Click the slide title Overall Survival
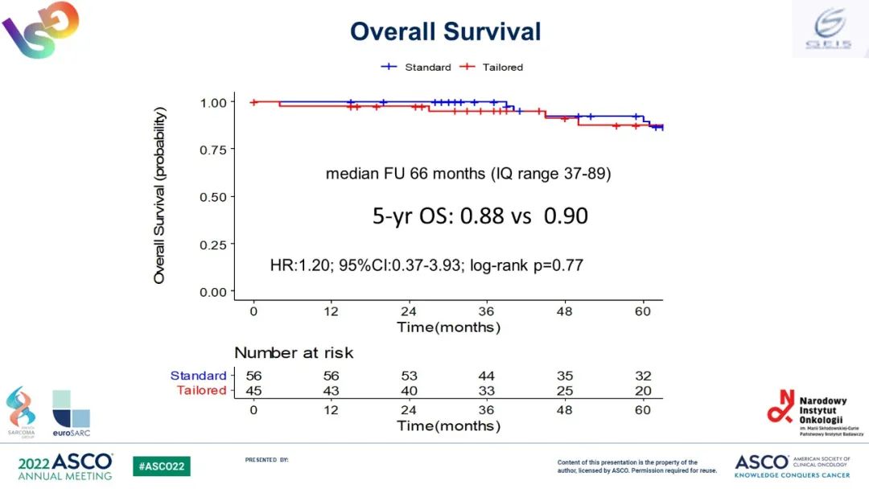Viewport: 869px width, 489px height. [445, 31]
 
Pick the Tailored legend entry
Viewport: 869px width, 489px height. [492, 67]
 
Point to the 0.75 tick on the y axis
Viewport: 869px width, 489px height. [213, 150]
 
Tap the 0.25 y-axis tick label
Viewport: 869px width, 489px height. [213, 244]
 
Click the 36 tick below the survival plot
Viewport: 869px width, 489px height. [486, 311]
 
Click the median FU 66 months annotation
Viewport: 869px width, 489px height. [467, 173]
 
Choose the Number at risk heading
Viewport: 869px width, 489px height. [294, 352]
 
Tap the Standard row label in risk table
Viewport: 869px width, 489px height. [198, 376]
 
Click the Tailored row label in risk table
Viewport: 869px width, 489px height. [201, 390]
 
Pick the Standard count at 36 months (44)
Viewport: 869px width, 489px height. [486, 376]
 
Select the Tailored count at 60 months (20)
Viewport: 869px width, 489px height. [641, 390]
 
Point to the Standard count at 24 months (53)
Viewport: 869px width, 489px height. [409, 376]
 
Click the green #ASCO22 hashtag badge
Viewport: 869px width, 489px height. [162, 466]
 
